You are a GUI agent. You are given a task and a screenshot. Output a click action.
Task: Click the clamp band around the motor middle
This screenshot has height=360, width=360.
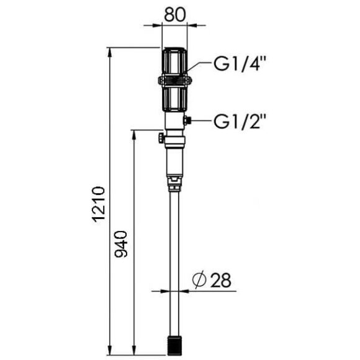(176, 81)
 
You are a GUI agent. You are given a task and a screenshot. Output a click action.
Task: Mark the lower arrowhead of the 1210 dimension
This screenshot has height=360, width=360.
(111, 353)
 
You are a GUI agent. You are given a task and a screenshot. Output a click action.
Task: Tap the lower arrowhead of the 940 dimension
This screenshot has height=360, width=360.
(133, 353)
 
